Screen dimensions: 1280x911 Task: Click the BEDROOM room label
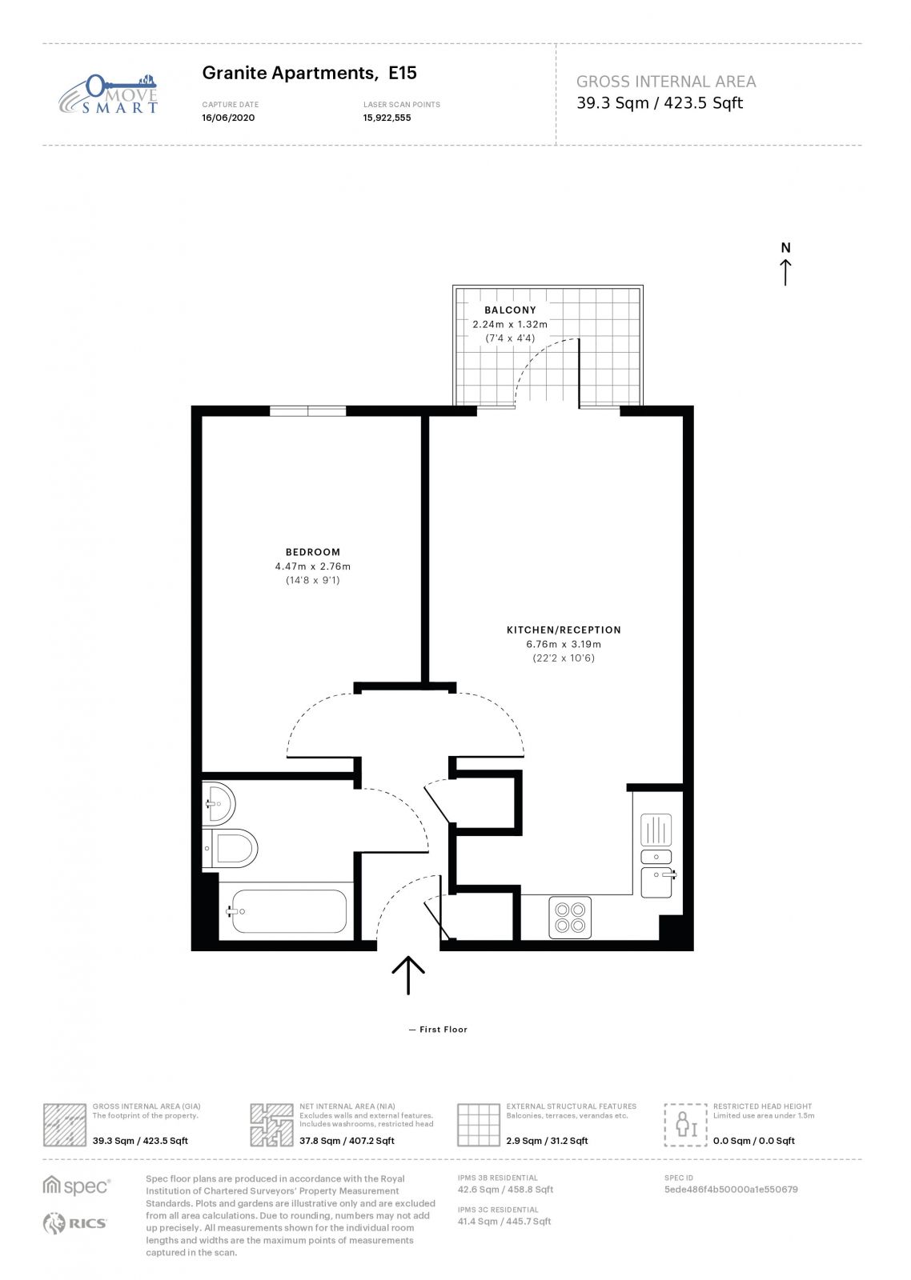pos(313,552)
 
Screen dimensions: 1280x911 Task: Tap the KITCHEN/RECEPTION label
pos(564,630)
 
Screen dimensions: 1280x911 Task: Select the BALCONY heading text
pos(510,310)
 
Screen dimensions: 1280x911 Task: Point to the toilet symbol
pos(231,848)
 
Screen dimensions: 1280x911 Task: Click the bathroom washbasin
pos(219,803)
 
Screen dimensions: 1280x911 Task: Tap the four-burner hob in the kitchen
pos(570,917)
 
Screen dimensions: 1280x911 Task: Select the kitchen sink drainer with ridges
pos(656,829)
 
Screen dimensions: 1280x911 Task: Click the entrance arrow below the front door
pos(408,974)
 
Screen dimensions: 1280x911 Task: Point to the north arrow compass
pos(785,264)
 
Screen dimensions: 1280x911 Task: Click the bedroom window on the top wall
pos(307,410)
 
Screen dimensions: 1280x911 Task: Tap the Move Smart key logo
pos(108,94)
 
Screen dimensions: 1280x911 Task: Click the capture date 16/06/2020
pos(228,118)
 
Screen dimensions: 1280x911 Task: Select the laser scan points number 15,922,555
pos(387,118)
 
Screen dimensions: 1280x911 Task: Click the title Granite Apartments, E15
pos(309,73)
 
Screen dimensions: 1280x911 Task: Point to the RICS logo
pos(76,1223)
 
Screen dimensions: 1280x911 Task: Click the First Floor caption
pos(443,1030)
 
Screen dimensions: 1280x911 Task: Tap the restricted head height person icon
pos(686,1124)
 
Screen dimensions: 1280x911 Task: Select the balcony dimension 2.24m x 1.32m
pos(510,324)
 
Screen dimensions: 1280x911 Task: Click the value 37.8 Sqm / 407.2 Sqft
pos(347,1141)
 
